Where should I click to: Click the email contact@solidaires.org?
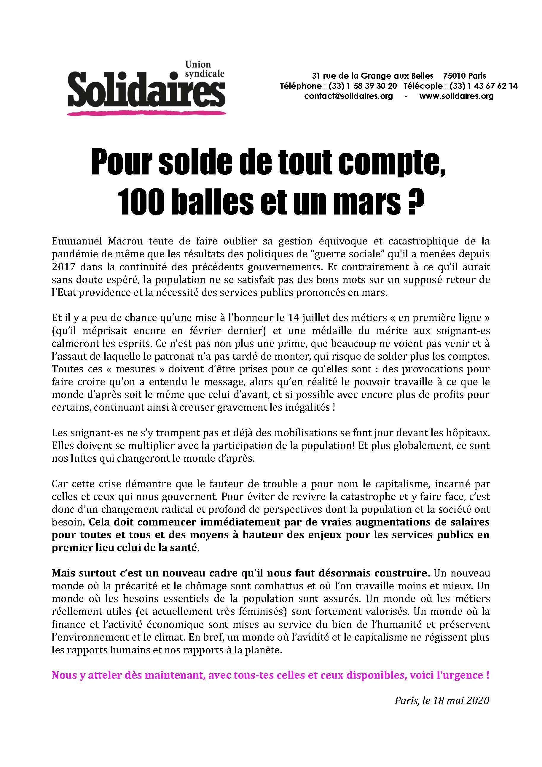(348, 96)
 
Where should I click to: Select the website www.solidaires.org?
(456, 96)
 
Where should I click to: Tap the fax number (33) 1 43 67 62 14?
(484, 86)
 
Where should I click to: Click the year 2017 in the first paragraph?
(62, 267)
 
